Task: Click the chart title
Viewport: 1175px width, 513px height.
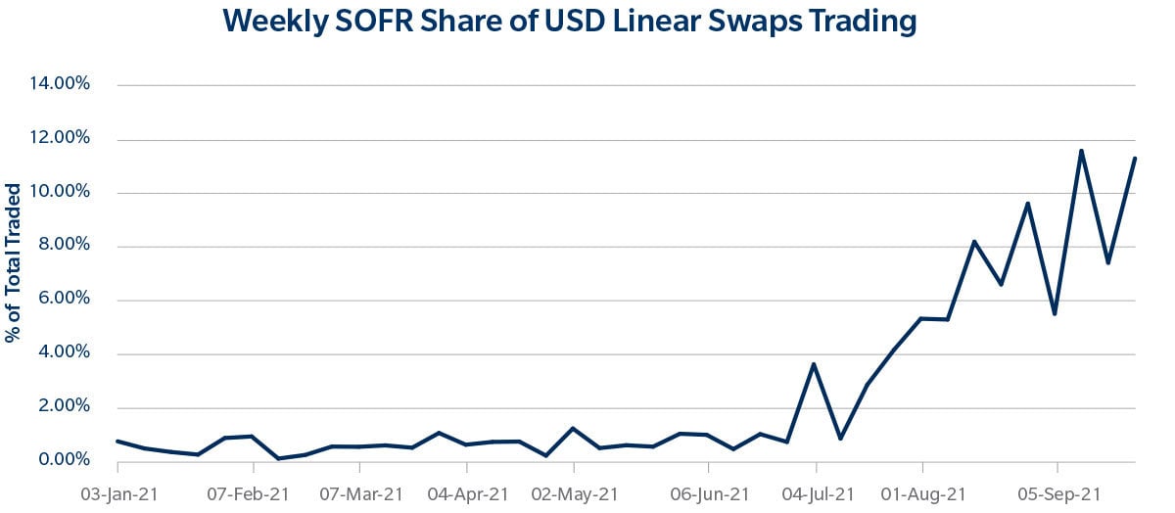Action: [570, 22]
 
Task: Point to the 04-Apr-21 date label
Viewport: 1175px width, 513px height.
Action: [467, 492]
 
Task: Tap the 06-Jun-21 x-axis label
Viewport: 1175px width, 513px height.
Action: [708, 492]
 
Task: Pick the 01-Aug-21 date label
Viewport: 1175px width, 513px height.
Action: [922, 492]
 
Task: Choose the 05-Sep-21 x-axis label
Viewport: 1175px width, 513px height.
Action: [1057, 492]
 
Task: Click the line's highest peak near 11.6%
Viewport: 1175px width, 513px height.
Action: [1081, 151]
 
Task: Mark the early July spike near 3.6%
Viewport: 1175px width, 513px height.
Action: [814, 364]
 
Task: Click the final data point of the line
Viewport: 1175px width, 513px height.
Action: [1134, 159]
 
